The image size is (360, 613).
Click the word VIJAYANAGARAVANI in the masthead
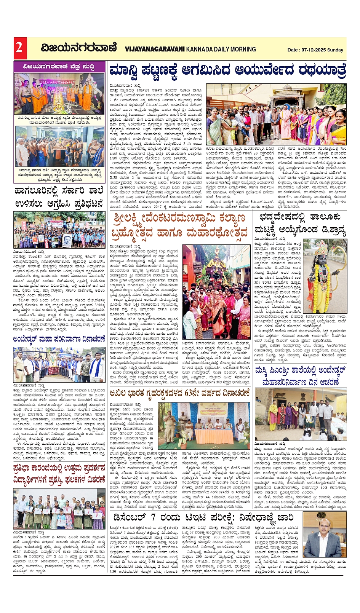[155, 49]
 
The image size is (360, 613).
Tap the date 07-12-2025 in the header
[313, 50]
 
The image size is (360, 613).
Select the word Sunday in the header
[335, 50]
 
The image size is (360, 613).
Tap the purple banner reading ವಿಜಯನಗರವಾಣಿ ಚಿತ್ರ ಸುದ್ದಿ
[59, 67]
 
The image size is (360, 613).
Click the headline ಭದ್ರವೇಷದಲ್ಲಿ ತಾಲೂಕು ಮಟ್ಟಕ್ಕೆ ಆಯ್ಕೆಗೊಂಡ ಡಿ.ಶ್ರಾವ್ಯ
[300, 223]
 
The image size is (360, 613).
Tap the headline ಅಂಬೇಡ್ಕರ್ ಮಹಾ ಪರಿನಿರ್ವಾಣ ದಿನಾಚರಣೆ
[59, 339]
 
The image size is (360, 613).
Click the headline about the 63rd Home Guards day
[179, 393]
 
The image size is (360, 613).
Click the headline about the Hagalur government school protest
[59, 197]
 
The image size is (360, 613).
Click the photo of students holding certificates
[59, 509]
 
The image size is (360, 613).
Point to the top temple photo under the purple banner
[59, 94]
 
